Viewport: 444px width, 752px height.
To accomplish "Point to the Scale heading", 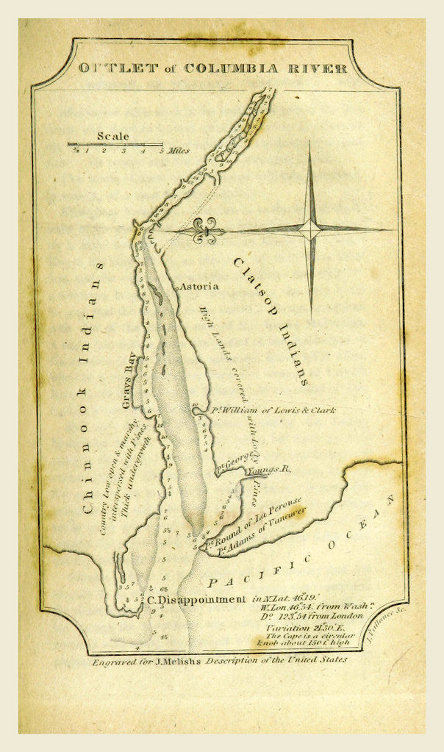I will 112,136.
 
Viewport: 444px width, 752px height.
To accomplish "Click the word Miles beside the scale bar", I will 178,151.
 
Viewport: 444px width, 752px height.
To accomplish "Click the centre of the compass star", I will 311,229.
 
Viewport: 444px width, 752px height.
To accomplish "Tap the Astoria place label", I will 199,286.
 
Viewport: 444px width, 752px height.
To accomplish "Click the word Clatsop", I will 254,291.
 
